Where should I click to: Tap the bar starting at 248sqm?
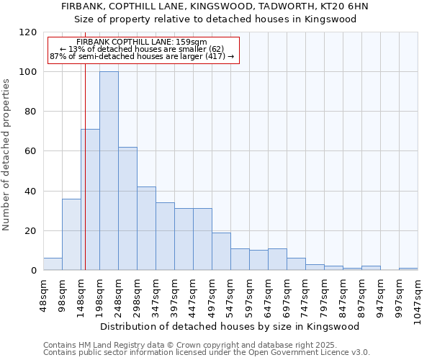pyautogui.click(x=127, y=209)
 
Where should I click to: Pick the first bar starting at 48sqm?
pyautogui.click(x=53, y=264)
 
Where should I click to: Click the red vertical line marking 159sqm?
pyautogui.click(x=85, y=180)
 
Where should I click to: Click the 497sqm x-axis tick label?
pyautogui.click(x=212, y=294)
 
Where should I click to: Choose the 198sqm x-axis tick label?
pyautogui.click(x=99, y=294)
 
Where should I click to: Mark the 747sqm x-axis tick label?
pyautogui.click(x=305, y=294)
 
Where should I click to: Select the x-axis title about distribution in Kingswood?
pyautogui.click(x=230, y=326)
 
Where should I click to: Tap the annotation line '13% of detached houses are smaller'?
pyautogui.click(x=142, y=49)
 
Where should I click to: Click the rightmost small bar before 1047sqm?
pyautogui.click(x=408, y=269)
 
